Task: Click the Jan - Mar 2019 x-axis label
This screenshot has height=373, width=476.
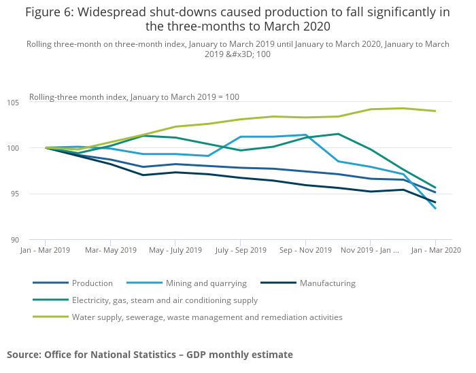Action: (45, 251)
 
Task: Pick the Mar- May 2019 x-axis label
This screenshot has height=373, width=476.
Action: (110, 251)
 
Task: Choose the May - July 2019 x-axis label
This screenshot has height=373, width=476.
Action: (175, 251)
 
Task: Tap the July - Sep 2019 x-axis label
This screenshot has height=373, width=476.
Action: (239, 251)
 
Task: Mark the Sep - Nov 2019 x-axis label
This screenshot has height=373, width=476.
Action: (305, 251)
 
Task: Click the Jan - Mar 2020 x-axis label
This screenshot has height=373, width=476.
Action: (435, 251)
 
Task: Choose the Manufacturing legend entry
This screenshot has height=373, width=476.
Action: (328, 283)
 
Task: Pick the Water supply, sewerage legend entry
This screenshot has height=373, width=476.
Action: (207, 317)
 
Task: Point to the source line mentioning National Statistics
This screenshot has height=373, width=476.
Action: (150, 355)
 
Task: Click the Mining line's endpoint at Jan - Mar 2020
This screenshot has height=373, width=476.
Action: (435, 209)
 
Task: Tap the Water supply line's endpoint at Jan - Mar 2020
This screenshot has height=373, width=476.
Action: (435, 111)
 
